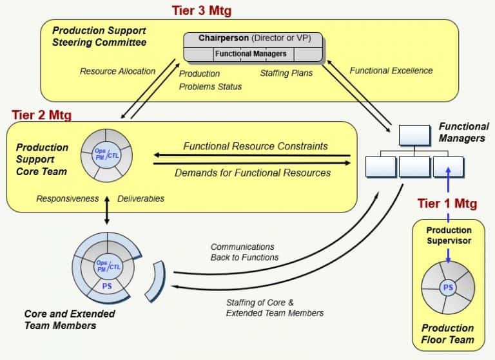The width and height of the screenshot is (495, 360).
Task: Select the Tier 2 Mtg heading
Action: tap(42, 115)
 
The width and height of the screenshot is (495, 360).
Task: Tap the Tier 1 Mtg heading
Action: tap(447, 204)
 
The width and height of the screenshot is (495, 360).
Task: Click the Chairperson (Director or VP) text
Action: tap(255, 38)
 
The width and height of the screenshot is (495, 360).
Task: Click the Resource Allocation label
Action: tap(117, 71)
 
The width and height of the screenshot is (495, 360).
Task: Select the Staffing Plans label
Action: tap(286, 73)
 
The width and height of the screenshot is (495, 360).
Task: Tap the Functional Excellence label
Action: tap(391, 71)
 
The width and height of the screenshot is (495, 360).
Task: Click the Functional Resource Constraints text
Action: tap(255, 146)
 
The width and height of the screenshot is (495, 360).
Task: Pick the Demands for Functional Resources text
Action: tap(253, 173)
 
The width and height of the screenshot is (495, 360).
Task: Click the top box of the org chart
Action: tap(414, 136)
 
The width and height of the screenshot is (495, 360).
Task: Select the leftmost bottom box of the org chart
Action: tap(380, 166)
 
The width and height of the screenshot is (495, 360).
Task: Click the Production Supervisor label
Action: tap(449, 236)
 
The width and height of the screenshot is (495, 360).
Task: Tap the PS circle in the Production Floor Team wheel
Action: tap(448, 288)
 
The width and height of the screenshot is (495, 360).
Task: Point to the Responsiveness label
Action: tap(68, 199)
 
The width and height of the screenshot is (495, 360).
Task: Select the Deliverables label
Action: tap(141, 199)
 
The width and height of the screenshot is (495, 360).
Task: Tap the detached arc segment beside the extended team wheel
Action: tap(157, 281)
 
